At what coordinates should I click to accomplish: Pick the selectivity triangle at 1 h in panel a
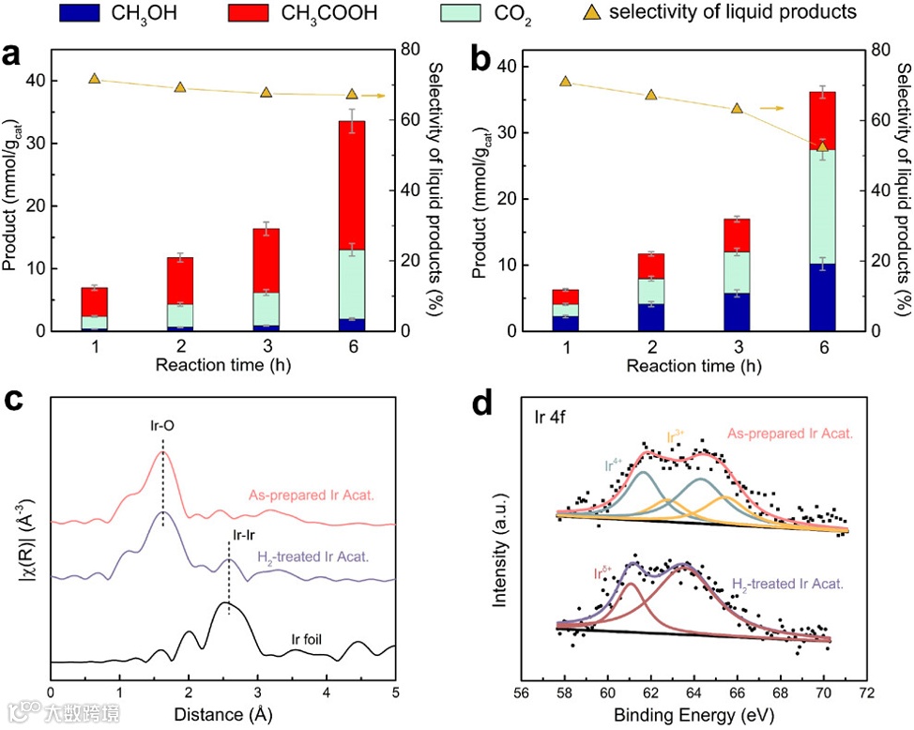tap(95, 78)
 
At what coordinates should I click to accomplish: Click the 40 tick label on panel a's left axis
tap(34, 81)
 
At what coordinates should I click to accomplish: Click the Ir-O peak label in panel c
tap(162, 424)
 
